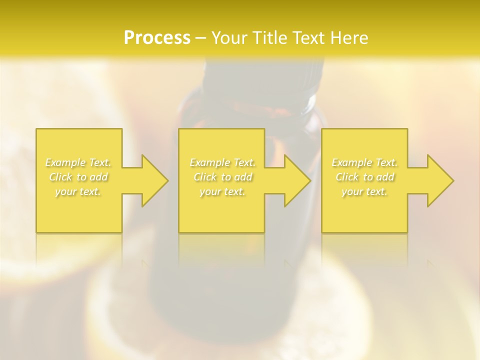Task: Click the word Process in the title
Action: click(157, 38)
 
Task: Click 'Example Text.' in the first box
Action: click(78, 162)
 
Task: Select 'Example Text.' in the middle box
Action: click(222, 162)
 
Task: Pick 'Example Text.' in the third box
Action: click(364, 162)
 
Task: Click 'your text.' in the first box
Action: click(78, 192)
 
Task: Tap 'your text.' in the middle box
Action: click(222, 192)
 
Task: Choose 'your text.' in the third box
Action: click(364, 192)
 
